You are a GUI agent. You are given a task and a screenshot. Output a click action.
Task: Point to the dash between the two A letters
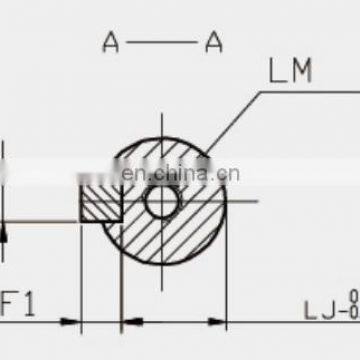pos(162,41)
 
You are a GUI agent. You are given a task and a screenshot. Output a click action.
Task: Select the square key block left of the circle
pos(100,202)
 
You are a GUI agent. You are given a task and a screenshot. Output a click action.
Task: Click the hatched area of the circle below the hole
pos(165,245)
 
